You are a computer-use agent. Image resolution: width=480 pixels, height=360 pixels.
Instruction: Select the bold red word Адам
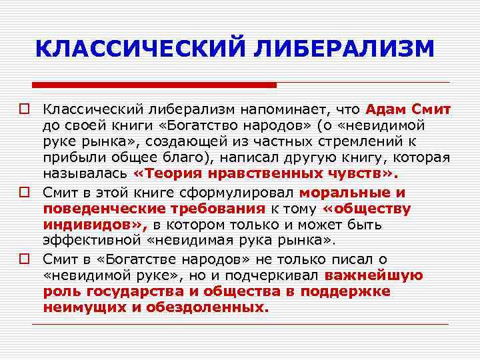click(x=386, y=109)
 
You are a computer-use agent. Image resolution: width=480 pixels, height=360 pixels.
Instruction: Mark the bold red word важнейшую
click(x=374, y=275)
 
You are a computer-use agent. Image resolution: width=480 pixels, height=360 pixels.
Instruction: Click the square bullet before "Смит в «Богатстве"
click(x=27, y=259)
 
